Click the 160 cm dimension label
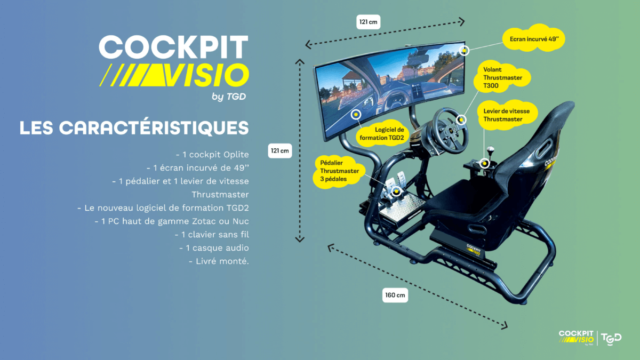coord(395,295)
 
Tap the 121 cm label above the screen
coord(369,22)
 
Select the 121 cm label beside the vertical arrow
coord(279,151)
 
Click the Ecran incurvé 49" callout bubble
coord(534,38)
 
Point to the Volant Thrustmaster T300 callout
coord(502,77)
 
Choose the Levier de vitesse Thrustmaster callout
coord(507,115)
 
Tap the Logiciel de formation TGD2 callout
coord(382,134)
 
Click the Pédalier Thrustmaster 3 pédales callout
coord(339,171)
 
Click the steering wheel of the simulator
coord(450,131)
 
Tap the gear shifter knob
coord(490,150)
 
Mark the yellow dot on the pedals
coord(396,191)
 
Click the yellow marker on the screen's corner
coord(465,51)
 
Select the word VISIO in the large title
coord(205,75)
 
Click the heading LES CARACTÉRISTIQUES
coord(134,127)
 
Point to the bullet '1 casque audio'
coord(214,247)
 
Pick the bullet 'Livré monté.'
coord(219,261)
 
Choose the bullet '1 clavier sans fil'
coord(212,235)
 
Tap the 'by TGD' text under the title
coord(229,97)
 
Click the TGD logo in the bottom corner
coord(611,339)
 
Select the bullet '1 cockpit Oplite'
coord(212,155)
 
